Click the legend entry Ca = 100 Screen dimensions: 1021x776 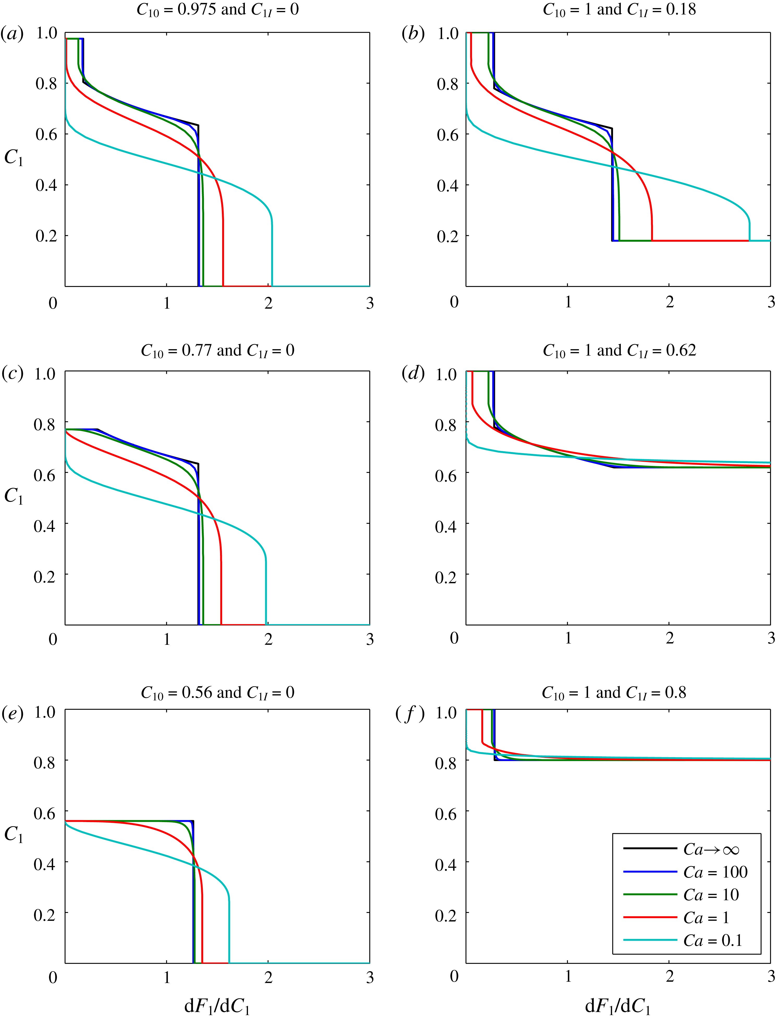coord(715,872)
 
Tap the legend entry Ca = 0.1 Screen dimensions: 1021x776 coord(713,940)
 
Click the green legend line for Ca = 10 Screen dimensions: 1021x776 coord(650,895)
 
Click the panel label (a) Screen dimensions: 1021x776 coord(13,34)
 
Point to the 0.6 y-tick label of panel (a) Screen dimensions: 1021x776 coord(46,134)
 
